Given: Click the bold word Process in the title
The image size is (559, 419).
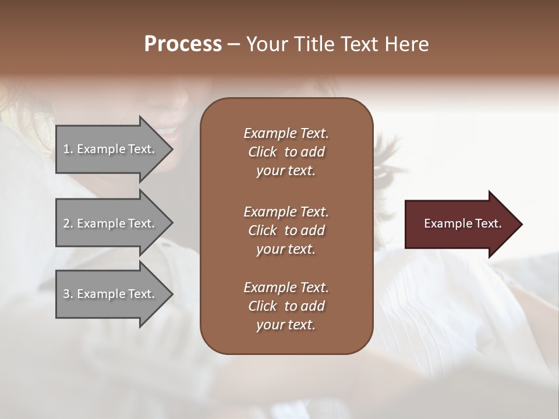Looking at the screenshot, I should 183,44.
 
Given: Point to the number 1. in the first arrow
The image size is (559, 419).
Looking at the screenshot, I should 68,149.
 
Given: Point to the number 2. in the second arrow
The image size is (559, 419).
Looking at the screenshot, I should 68,223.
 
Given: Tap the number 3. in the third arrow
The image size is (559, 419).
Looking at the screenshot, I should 68,294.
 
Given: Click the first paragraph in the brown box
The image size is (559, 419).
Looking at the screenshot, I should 286,152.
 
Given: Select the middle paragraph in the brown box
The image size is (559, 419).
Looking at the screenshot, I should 286,230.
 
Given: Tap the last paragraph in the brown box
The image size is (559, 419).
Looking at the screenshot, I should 286,306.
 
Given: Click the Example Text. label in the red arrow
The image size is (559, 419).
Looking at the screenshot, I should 462,223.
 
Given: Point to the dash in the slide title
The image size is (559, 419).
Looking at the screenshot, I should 233,45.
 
